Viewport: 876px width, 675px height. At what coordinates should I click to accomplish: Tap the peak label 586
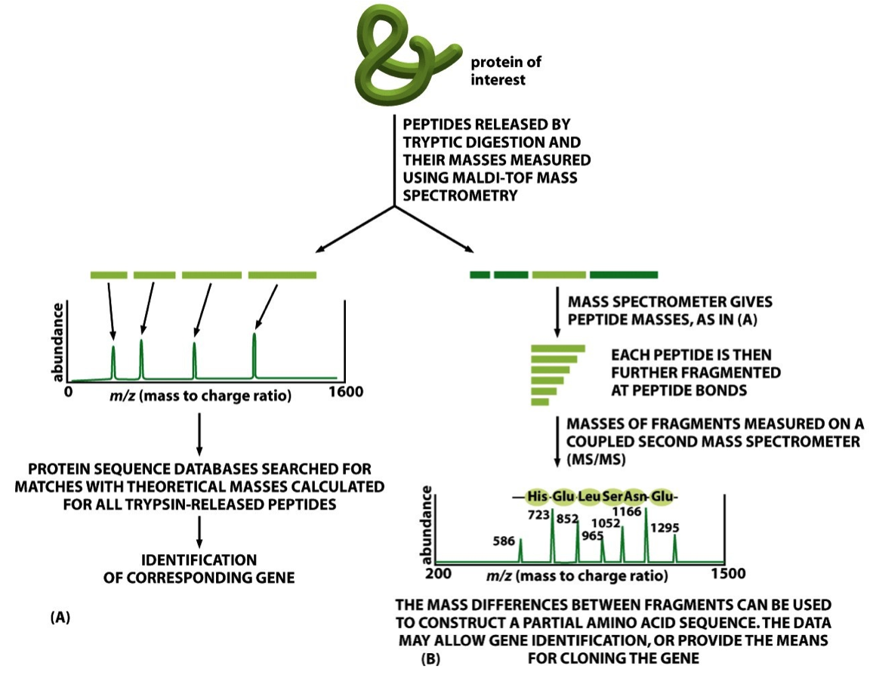[x=504, y=541]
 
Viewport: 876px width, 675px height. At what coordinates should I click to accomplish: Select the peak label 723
[x=541, y=513]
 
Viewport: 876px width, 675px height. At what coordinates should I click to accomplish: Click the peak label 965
[x=594, y=536]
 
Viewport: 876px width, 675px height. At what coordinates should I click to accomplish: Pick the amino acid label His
[x=538, y=497]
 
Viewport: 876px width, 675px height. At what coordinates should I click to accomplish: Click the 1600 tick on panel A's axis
[x=346, y=392]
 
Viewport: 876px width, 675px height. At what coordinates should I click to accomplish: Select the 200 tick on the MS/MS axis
[x=439, y=574]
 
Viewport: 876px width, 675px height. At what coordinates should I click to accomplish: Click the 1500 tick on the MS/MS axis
[x=729, y=574]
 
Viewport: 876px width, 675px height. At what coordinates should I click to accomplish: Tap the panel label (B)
[x=430, y=658]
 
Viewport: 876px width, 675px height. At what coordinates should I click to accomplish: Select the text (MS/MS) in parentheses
[x=584, y=460]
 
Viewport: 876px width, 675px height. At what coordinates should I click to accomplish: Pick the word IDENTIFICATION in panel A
[x=199, y=560]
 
